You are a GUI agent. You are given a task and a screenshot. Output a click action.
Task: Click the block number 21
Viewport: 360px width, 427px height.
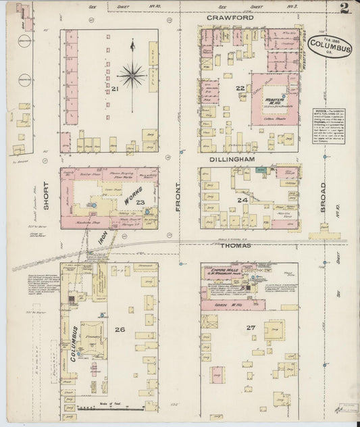pyautogui.click(x=115, y=89)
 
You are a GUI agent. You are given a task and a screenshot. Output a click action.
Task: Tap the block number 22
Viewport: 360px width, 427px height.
pyautogui.click(x=239, y=88)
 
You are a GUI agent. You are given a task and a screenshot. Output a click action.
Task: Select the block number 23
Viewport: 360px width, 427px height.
pyautogui.click(x=140, y=201)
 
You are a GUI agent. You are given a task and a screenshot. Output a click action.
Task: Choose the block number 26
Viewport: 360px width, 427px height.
pyautogui.click(x=120, y=330)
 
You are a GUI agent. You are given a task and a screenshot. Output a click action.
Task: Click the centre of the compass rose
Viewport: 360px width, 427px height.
pyautogui.click(x=132, y=75)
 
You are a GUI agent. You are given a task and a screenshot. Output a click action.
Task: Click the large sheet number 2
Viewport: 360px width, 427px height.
pyautogui.click(x=344, y=8)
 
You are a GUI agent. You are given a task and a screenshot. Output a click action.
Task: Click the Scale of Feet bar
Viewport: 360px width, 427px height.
pyautogui.click(x=109, y=407)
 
